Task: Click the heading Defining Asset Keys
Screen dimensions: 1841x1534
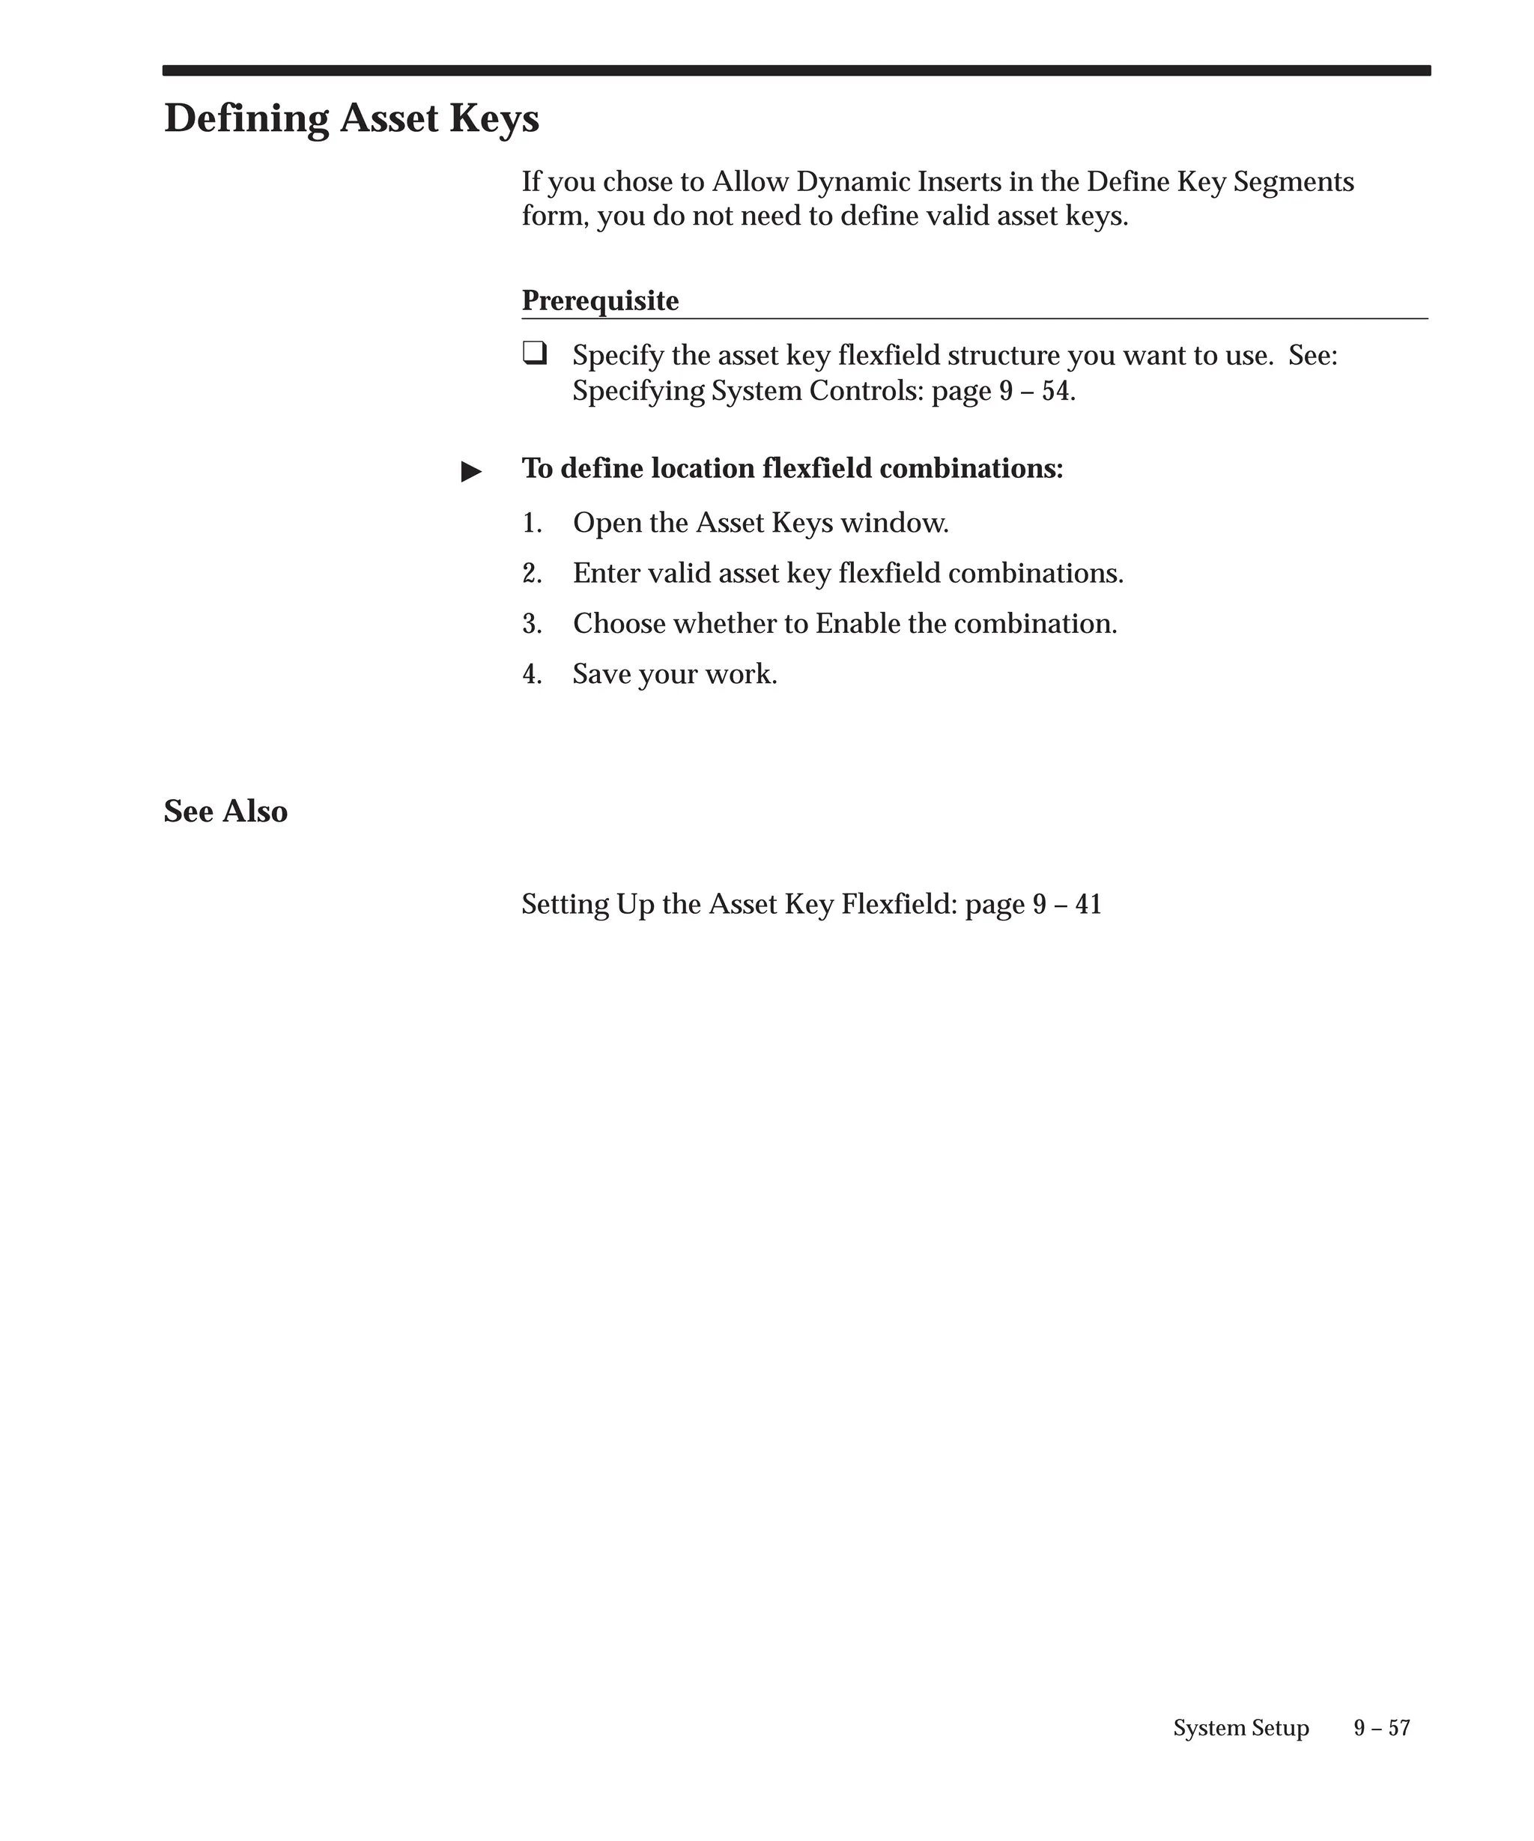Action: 351,118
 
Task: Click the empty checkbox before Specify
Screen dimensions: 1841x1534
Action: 534,354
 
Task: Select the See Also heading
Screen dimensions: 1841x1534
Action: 225,811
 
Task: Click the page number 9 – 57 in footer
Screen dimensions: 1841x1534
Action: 1381,1727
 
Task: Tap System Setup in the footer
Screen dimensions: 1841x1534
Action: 1240,1727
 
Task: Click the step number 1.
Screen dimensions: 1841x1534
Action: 531,523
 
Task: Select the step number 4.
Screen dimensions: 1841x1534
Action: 531,674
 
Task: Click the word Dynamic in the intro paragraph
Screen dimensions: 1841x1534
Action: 853,182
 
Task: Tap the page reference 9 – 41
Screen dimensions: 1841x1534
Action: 1066,904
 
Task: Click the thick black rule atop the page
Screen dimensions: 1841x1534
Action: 796,70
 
